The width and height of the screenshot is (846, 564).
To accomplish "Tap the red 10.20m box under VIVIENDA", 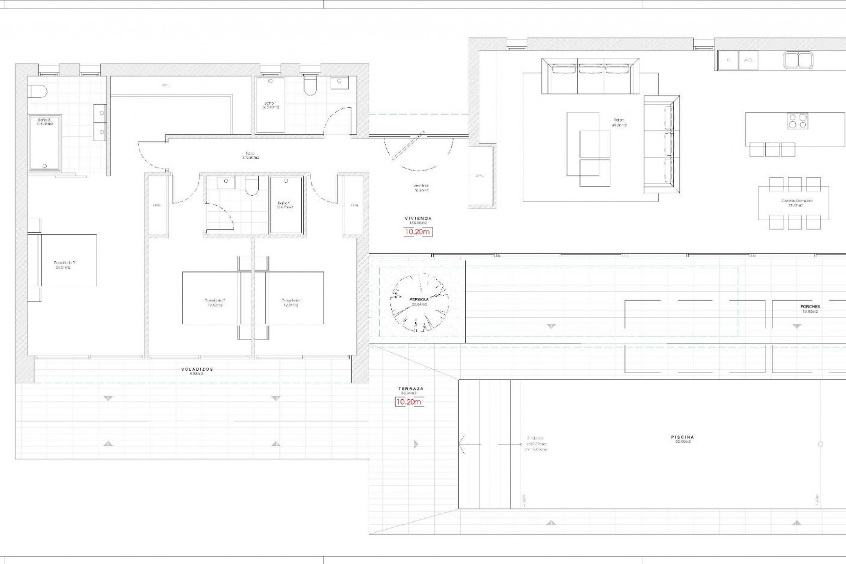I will [x=418, y=231].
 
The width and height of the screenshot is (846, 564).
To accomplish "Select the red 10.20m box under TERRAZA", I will [x=409, y=402].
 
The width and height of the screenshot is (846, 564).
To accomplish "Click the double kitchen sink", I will [x=798, y=60].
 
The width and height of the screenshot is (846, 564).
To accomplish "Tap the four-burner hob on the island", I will [x=798, y=121].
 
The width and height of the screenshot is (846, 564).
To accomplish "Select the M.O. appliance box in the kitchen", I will [x=748, y=60].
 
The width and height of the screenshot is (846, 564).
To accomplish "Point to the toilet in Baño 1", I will [x=310, y=85].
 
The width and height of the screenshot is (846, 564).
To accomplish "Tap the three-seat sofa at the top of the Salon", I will [x=590, y=77].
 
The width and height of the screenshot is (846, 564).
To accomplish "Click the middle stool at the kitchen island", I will [x=772, y=149].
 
